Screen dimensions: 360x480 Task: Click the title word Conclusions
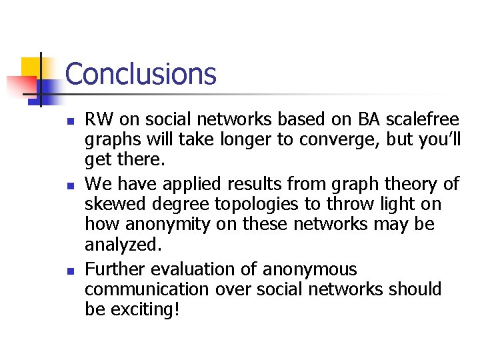141,74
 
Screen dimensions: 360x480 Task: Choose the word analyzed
123,245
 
